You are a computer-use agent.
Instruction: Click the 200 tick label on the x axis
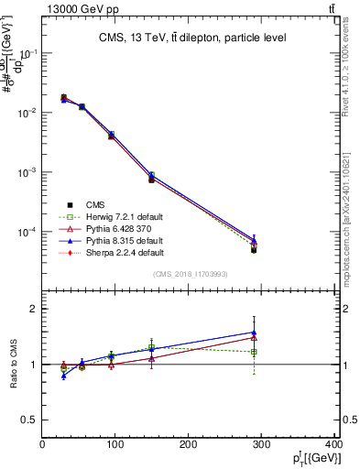pyautogui.click(x=189, y=444)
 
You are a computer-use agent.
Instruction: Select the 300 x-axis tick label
pyautogui.click(x=262, y=444)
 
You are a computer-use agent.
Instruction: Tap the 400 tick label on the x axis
pyautogui.click(x=332, y=444)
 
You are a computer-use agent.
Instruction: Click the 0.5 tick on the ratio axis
pyautogui.click(x=30, y=420)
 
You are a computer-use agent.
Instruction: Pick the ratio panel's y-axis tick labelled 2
pyautogui.click(x=34, y=310)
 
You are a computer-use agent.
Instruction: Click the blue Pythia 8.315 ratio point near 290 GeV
pyautogui.click(x=254, y=333)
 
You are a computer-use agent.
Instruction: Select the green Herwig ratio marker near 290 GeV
pyautogui.click(x=254, y=352)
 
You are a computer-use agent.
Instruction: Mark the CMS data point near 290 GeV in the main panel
pyautogui.click(x=254, y=249)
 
